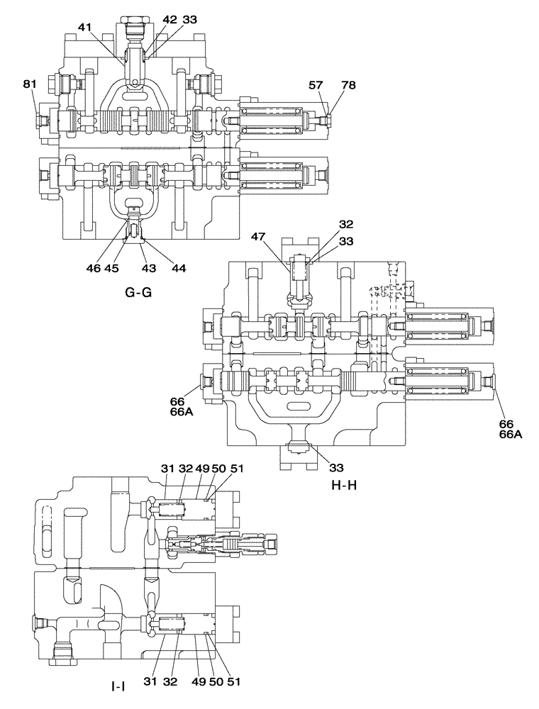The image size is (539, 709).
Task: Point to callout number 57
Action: (x=316, y=85)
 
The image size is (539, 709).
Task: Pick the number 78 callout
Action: (x=348, y=85)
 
